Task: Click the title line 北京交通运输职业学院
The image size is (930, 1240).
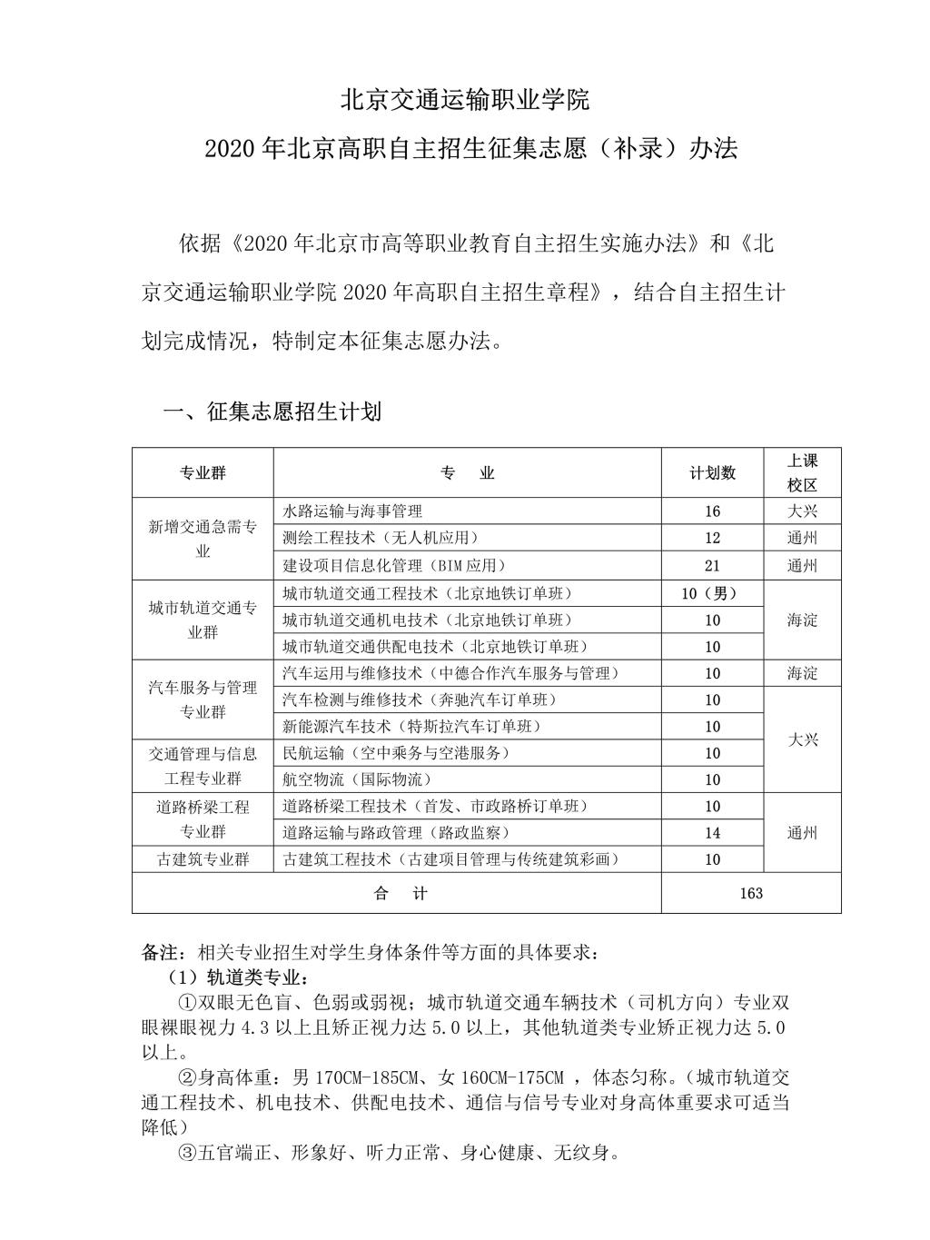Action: [464, 100]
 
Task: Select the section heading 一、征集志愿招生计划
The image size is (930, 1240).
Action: [272, 412]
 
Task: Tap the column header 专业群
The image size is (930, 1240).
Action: [203, 473]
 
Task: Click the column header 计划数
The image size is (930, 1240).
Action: [712, 473]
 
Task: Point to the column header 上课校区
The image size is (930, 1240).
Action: [802, 473]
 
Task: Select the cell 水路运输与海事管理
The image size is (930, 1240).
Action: [353, 511]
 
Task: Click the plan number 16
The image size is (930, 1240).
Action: [712, 511]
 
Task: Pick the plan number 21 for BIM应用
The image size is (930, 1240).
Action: [712, 566]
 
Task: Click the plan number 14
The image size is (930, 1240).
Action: [712, 833]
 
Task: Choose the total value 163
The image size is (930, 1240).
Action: [751, 893]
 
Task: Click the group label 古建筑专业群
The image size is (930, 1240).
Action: [203, 859]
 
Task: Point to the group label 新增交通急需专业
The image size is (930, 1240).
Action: [203, 539]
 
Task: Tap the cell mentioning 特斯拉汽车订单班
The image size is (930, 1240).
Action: [411, 727]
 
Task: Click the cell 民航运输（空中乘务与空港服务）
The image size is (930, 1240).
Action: [396, 753]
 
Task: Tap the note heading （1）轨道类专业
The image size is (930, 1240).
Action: [237, 978]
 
